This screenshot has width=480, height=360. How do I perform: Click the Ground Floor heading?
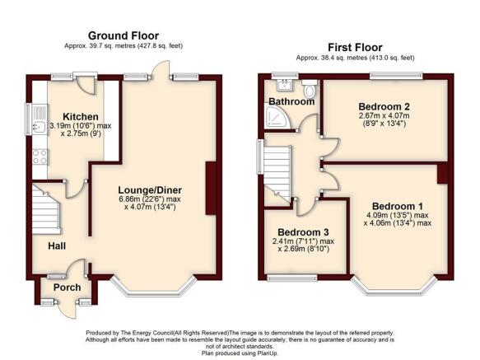click(x=123, y=36)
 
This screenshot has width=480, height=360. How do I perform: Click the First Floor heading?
click(x=355, y=48)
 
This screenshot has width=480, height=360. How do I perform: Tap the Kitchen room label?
click(x=81, y=117)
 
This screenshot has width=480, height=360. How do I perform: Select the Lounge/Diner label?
click(x=150, y=190)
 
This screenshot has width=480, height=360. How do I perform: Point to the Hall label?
click(x=57, y=245)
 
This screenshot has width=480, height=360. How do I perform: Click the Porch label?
click(x=67, y=288)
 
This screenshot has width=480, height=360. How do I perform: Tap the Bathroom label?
click(x=291, y=101)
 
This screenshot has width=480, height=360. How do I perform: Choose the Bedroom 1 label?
click(x=398, y=206)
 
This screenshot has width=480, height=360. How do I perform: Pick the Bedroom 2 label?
click(x=384, y=106)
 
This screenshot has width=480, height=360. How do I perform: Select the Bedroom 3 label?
click(x=303, y=232)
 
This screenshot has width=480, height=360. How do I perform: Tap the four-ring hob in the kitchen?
click(x=40, y=157)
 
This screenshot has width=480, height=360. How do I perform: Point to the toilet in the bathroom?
click(x=310, y=88)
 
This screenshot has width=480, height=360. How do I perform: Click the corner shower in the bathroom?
click(x=277, y=117)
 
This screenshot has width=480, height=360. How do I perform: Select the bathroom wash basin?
click(x=286, y=85)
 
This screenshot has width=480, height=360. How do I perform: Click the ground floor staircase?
click(x=46, y=210)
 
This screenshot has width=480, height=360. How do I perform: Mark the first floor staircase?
click(x=277, y=174)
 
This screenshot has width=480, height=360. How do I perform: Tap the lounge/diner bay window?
click(x=153, y=288)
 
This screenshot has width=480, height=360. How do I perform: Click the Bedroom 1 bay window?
click(x=394, y=288)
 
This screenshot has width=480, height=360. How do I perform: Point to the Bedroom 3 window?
click(x=292, y=278)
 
